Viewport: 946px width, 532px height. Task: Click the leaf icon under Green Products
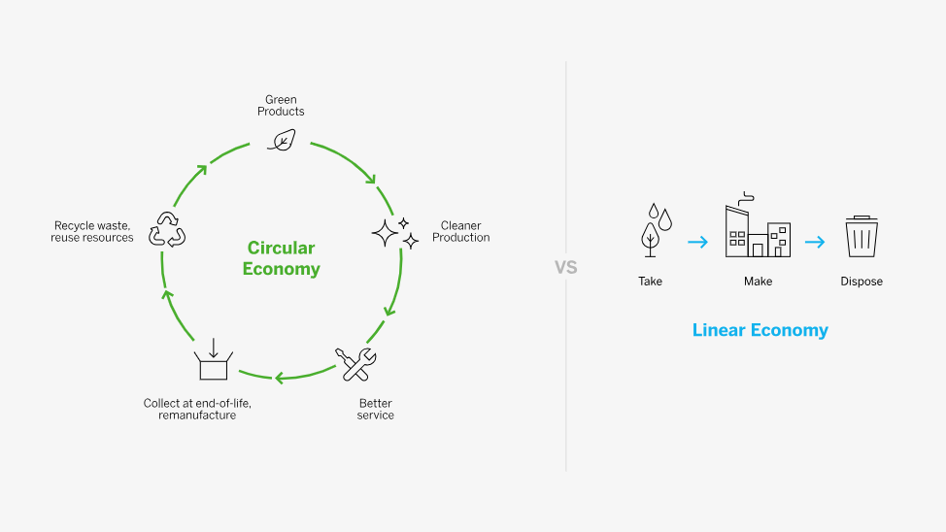click(281, 141)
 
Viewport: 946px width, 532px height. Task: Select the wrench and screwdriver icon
click(355, 364)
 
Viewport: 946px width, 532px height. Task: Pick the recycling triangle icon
click(166, 229)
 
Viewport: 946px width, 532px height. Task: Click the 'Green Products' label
click(281, 106)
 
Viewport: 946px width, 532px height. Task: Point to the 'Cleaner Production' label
click(460, 232)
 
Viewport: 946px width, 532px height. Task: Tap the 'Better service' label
click(375, 409)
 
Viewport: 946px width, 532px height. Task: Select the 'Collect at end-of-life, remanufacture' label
click(197, 409)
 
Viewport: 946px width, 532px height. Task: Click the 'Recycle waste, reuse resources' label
click(92, 232)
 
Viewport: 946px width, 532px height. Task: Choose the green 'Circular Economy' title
click(281, 258)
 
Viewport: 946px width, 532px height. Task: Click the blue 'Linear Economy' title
click(760, 330)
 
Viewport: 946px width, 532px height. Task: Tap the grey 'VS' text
click(565, 267)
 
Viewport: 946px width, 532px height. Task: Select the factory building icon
click(757, 226)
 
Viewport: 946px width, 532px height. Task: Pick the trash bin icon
click(861, 236)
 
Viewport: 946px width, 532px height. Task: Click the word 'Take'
click(650, 282)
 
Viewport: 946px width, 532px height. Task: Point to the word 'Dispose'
click(861, 282)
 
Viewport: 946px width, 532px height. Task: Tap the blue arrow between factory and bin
click(814, 242)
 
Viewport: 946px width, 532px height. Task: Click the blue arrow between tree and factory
click(697, 242)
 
